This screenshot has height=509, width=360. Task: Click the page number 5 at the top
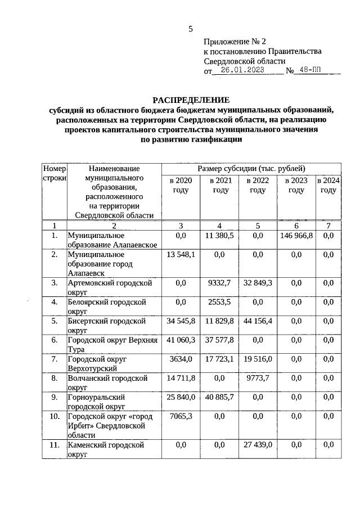(x=190, y=29)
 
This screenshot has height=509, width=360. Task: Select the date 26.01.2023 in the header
(x=242, y=71)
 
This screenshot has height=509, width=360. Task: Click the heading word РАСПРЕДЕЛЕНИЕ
(x=191, y=100)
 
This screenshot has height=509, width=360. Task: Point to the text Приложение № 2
(x=234, y=41)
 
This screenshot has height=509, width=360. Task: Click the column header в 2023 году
(x=296, y=186)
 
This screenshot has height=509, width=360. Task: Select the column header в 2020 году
(x=181, y=186)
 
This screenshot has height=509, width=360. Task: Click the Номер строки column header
(x=55, y=173)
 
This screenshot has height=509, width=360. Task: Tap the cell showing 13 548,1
(x=181, y=255)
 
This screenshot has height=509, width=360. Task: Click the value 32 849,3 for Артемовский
(x=258, y=283)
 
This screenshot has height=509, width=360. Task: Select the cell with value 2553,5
(x=220, y=302)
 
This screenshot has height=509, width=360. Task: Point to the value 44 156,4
(x=258, y=321)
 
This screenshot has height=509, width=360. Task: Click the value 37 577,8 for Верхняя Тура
(x=220, y=340)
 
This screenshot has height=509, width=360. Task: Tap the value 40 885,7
(x=220, y=398)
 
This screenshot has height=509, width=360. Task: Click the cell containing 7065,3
(x=181, y=417)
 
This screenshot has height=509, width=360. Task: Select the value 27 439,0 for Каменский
(x=258, y=445)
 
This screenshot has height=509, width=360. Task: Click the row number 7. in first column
(x=55, y=359)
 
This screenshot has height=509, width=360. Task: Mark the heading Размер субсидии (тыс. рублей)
(x=251, y=168)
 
